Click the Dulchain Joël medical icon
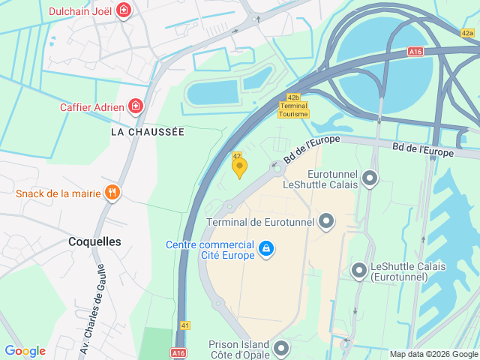tap(124, 11)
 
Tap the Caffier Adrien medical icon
tap(135, 106)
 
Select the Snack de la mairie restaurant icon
tap(112, 193)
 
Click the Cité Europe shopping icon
tap(265, 248)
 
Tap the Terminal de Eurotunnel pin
tap(326, 221)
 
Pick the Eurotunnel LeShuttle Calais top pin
tap(369, 178)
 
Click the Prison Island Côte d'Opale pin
tap(281, 348)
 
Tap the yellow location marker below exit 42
tap(239, 168)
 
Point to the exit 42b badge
tap(294, 97)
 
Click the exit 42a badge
tap(468, 33)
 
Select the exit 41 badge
tap(185, 325)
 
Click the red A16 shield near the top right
tap(415, 52)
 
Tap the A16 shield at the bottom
tap(178, 352)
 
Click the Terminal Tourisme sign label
tap(293, 109)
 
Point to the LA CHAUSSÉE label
tap(147, 131)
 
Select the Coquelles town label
tap(94, 241)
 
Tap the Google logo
tap(25, 351)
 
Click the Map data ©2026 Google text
tap(433, 354)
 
